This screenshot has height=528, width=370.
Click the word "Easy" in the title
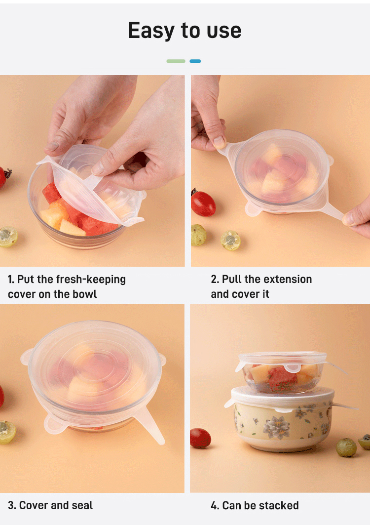(151, 31)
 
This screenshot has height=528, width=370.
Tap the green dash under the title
(176, 61)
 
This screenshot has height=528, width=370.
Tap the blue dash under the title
(195, 61)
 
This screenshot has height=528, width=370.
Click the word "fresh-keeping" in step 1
(91, 280)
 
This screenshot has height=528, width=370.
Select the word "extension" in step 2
(288, 279)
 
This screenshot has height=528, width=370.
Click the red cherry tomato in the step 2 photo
(203, 203)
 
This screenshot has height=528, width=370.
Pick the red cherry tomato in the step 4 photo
(200, 438)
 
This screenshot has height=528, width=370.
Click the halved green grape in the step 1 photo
(8, 237)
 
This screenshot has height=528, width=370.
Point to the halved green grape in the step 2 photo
(230, 241)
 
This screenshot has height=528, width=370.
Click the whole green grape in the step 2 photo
(198, 235)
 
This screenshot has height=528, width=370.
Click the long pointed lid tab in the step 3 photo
(149, 425)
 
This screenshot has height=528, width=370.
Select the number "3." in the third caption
(12, 505)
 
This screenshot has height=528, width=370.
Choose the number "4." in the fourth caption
(215, 505)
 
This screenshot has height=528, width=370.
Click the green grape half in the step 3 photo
(7, 432)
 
